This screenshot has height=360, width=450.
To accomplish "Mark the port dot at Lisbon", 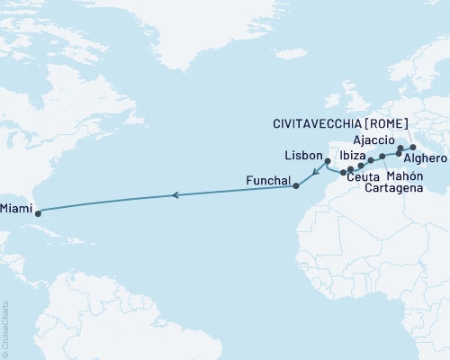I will (328, 162).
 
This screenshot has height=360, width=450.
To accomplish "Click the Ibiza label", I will (352, 157).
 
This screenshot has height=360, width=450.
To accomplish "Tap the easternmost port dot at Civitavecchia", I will (412, 147).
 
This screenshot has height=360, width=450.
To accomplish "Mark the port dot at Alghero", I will (399, 155).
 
